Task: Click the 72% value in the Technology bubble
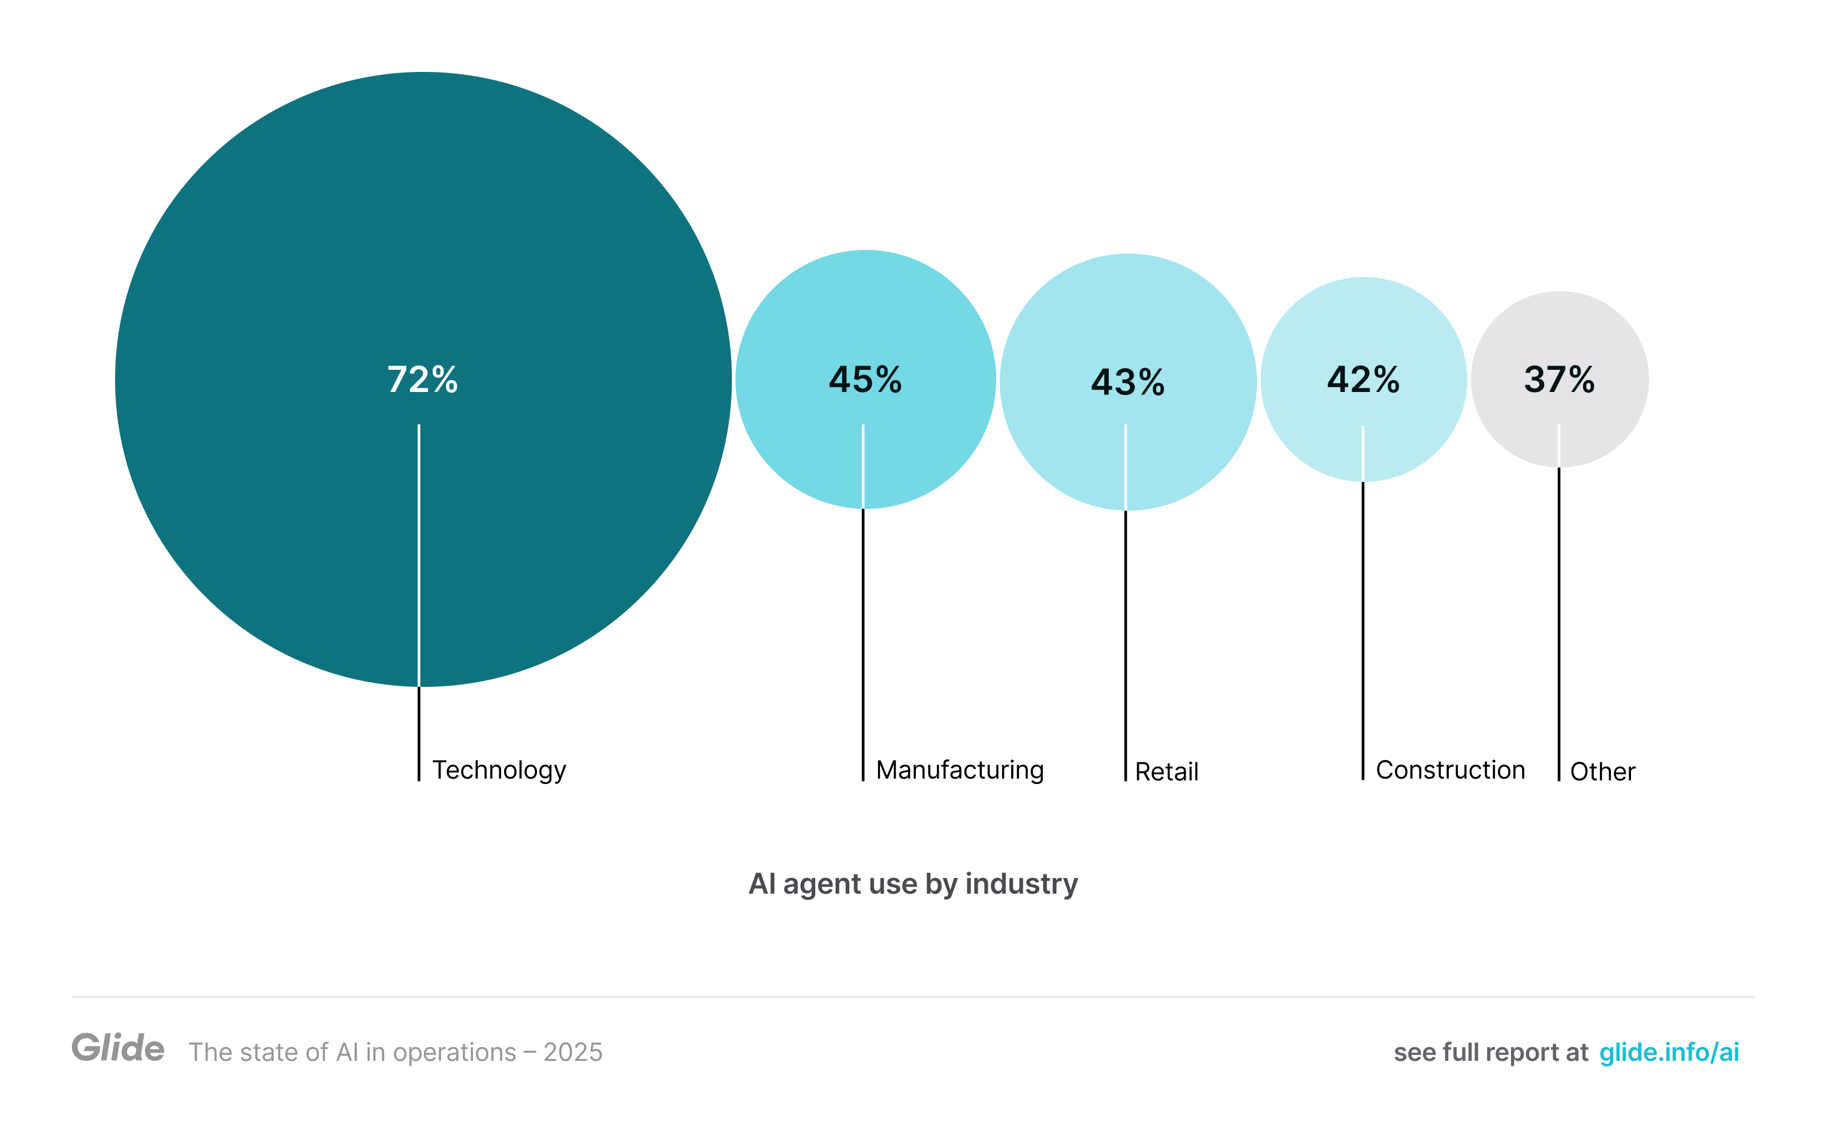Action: pos(422,379)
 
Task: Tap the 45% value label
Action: pos(865,379)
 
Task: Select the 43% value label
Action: pos(1127,382)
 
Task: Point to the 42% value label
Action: pos(1362,379)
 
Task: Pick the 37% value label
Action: pos(1558,379)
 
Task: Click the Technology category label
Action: pos(499,770)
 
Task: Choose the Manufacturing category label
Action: pos(959,770)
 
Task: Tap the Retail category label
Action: pos(1166,771)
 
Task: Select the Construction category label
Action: pos(1449,770)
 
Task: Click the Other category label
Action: pos(1602,771)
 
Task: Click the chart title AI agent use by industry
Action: pos(912,883)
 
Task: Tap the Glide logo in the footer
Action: pos(117,1048)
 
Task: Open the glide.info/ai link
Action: pos(1669,1052)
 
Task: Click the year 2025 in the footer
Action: pos(572,1052)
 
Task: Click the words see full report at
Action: pos(1490,1052)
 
